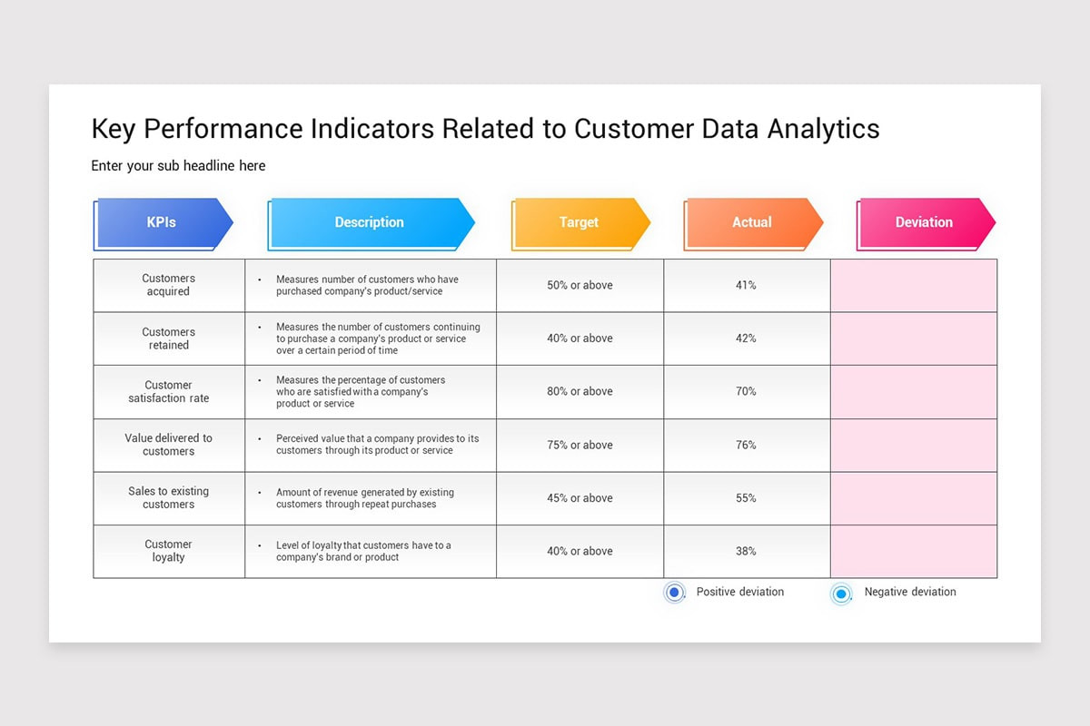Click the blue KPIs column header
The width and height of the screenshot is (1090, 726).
[x=163, y=222]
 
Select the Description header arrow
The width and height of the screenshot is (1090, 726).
[x=370, y=222]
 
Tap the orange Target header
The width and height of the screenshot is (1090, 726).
[x=580, y=222]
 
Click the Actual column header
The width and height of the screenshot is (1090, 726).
[x=752, y=222]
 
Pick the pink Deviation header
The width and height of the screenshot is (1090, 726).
[x=924, y=222]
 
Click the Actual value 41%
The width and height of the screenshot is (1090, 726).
[x=746, y=285]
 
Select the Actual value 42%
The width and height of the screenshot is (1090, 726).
[x=746, y=338]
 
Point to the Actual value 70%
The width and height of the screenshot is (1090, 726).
[x=746, y=392]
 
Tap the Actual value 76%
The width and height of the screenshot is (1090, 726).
[x=746, y=446]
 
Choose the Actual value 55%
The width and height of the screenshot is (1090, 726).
[x=746, y=498]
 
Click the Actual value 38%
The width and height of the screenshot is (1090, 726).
[x=746, y=552]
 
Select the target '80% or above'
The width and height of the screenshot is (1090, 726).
[x=580, y=392]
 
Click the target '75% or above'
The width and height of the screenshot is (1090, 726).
[x=580, y=446]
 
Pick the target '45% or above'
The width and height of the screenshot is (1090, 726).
[x=580, y=498]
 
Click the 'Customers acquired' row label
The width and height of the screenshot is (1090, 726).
[x=169, y=285]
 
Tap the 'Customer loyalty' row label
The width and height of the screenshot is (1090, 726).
[x=169, y=551]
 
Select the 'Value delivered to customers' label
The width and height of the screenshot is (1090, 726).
[x=169, y=445]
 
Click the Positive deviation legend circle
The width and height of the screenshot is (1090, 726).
[x=674, y=593]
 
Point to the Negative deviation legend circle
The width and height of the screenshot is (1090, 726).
[x=841, y=594]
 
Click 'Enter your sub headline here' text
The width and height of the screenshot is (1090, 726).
[x=178, y=166]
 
